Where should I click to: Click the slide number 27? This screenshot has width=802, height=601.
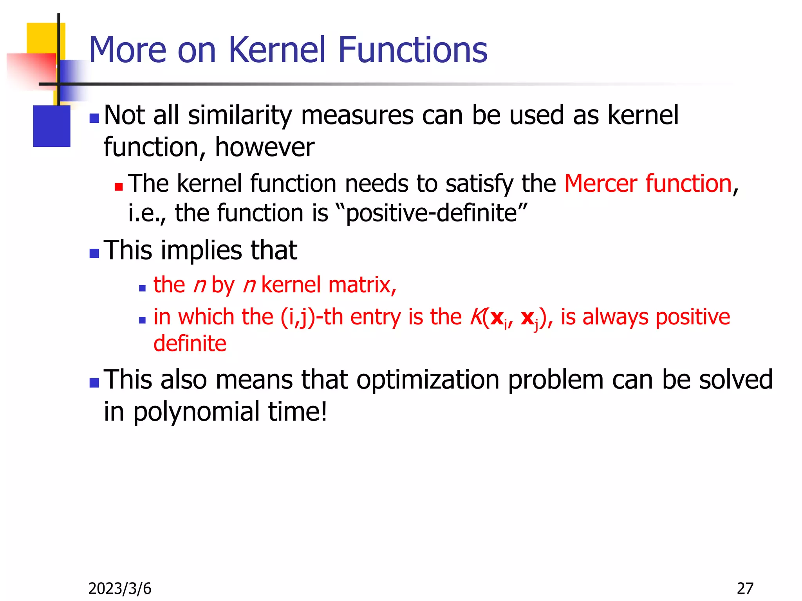(745, 588)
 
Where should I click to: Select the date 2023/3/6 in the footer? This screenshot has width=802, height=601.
(120, 588)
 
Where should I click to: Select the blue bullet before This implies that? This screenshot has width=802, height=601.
(94, 254)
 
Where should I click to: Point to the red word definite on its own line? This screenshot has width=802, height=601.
(190, 344)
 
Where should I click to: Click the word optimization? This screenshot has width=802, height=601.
(428, 380)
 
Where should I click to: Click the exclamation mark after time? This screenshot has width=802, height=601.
(323, 412)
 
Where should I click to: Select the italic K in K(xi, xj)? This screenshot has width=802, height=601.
(475, 317)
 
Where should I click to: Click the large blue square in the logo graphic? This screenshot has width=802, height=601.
(52, 126)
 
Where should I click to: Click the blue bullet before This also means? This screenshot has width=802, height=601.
(94, 383)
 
